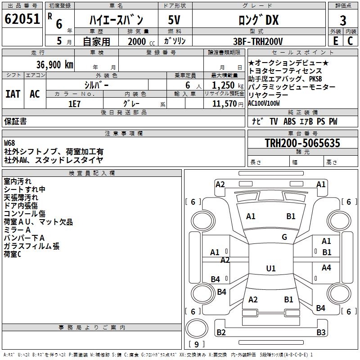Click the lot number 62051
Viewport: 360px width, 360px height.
click(22, 19)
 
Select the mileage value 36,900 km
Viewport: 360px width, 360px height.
click(55, 65)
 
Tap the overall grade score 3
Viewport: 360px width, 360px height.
click(343, 21)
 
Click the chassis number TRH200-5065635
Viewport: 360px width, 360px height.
click(302, 143)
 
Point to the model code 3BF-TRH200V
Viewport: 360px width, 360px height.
click(258, 41)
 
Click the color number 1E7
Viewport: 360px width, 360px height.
click(74, 104)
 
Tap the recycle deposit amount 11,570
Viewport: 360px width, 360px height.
click(224, 103)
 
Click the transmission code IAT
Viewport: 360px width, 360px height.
click(13, 94)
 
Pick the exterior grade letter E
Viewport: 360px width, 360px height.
click(335, 41)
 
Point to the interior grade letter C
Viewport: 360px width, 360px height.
click(350, 41)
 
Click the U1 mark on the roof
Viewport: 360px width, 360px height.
click(271, 268)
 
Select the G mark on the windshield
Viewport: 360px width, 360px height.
click(284, 237)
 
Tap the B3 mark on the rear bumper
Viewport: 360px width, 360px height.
click(321, 332)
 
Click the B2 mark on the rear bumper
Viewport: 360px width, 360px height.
click(221, 332)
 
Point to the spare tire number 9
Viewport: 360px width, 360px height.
click(197, 344)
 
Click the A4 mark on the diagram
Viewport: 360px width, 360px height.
click(326, 267)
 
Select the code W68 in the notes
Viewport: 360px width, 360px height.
click(9, 143)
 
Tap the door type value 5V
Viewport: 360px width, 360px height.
click(174, 20)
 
